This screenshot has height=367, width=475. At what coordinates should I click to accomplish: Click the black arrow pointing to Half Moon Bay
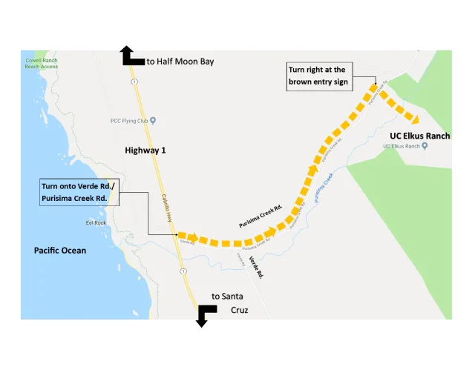[131, 57]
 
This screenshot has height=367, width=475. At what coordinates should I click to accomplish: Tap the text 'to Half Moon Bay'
[180, 61]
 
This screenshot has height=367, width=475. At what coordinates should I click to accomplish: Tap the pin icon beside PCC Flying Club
[153, 120]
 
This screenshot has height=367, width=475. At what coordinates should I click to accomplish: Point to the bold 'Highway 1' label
[145, 151]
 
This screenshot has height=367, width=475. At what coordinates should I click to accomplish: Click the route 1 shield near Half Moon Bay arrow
[134, 82]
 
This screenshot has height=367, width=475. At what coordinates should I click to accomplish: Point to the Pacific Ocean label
[60, 251]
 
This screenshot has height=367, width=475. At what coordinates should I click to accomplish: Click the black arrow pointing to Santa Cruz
[204, 314]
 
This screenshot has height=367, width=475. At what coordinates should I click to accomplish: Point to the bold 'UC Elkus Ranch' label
[419, 136]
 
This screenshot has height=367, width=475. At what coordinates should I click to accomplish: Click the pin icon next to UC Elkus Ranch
[424, 146]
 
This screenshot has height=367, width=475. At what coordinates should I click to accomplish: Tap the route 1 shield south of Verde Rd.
[183, 271]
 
